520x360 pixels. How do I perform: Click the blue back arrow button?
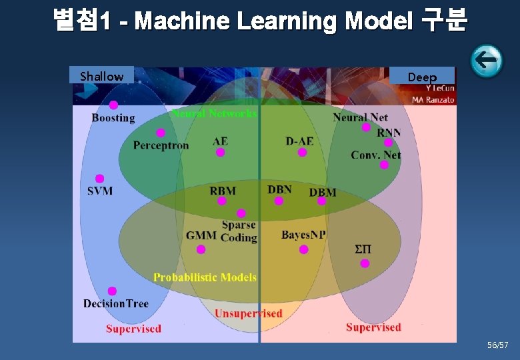tap(487, 61)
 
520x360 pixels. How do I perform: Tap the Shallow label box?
tap(101, 76)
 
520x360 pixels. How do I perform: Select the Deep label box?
tap(422, 77)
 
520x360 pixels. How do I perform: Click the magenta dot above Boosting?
tap(114, 105)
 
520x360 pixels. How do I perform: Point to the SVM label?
tap(100, 191)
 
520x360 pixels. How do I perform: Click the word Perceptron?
tap(161, 145)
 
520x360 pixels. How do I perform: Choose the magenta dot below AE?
tap(220, 153)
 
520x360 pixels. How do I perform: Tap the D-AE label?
tap(299, 141)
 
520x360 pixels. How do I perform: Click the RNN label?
tap(389, 132)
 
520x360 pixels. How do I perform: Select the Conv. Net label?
tap(376, 155)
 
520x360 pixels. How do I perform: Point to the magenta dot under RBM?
tap(222, 201)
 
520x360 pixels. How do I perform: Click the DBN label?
tap(279, 189)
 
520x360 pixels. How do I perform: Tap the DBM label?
tap(323, 192)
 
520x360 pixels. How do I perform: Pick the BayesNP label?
tap(303, 235)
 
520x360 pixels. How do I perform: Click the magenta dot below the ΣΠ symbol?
tap(365, 263)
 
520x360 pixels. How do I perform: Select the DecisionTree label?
tap(116, 303)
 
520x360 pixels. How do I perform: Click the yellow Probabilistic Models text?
tap(205, 277)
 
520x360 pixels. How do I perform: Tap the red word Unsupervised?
tap(248, 313)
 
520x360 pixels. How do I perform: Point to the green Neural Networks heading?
tap(214, 113)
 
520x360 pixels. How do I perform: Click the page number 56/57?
tap(497, 345)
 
